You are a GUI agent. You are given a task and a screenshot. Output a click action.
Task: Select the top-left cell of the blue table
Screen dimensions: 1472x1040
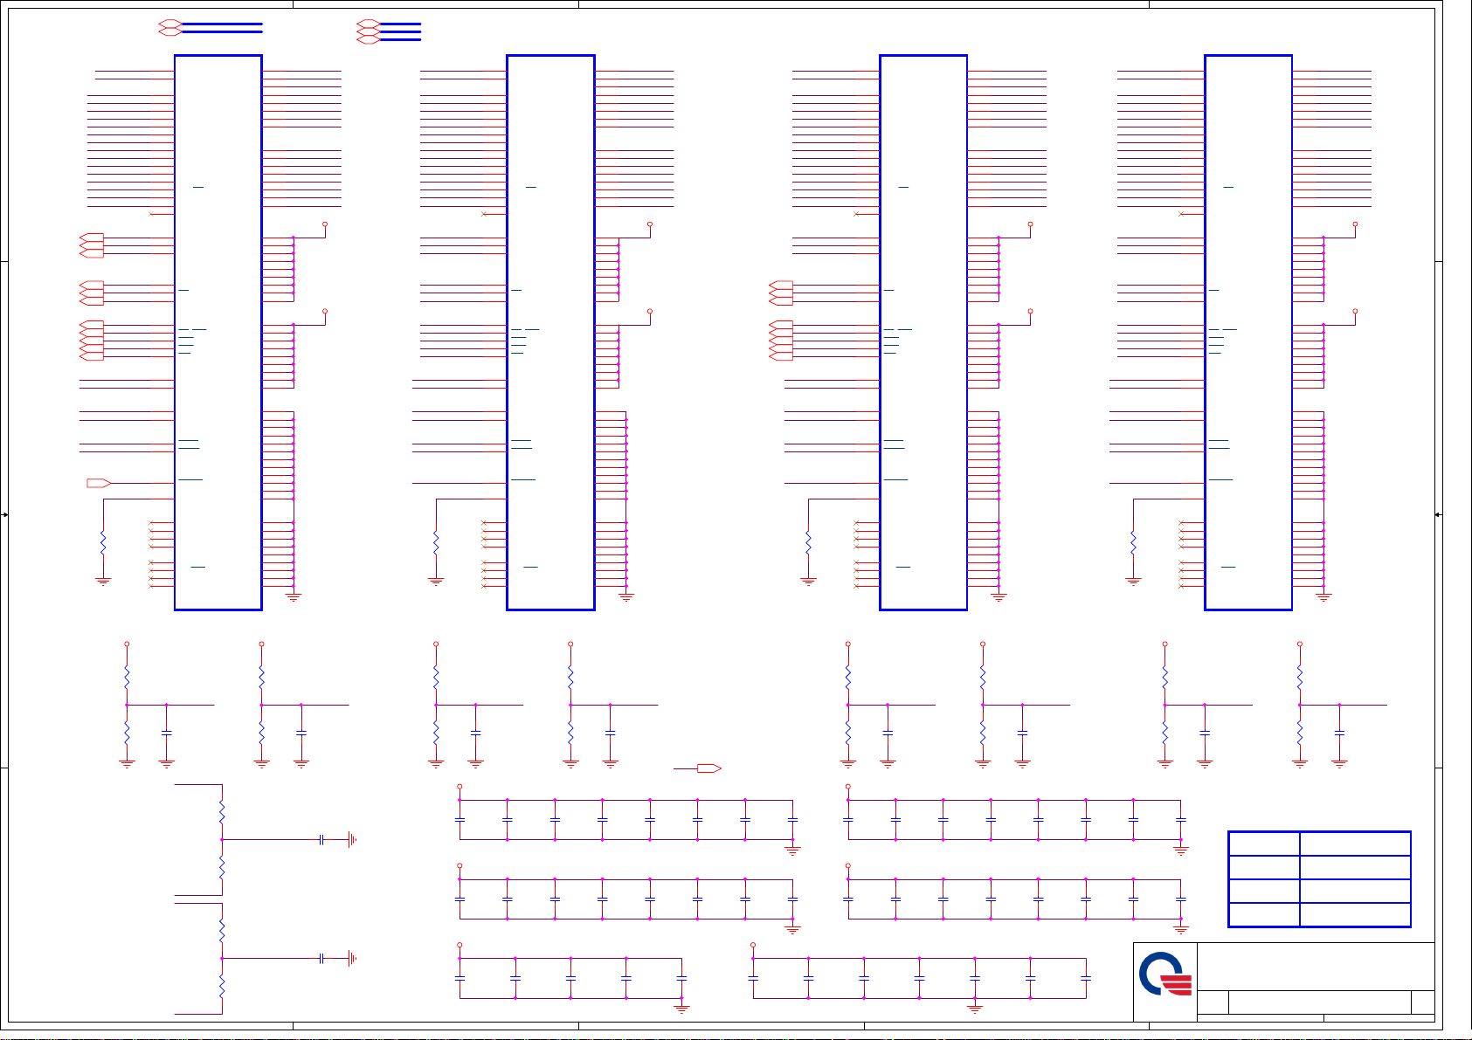tap(1263, 844)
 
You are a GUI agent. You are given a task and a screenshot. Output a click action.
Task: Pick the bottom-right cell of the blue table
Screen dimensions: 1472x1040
tap(1355, 914)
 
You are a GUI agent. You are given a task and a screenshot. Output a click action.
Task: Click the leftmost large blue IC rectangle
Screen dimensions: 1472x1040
tap(218, 332)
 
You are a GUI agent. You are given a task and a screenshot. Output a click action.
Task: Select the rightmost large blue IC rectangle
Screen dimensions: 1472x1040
tap(1248, 332)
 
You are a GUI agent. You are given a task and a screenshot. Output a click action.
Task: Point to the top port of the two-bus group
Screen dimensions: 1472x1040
tap(169, 24)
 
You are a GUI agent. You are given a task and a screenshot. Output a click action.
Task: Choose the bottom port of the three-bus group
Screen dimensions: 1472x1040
tap(368, 39)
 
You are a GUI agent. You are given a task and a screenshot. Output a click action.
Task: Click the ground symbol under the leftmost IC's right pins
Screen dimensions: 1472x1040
tap(294, 598)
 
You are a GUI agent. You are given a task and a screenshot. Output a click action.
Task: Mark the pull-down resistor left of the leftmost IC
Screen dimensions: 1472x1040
tap(103, 543)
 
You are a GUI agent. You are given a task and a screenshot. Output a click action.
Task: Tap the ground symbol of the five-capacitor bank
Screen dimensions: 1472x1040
tap(681, 1009)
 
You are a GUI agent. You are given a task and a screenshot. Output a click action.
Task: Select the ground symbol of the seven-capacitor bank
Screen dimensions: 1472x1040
tap(975, 1009)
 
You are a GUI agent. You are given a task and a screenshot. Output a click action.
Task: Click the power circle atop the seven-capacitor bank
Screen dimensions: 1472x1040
tap(753, 945)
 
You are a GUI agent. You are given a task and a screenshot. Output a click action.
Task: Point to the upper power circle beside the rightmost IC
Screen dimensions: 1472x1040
tap(1355, 224)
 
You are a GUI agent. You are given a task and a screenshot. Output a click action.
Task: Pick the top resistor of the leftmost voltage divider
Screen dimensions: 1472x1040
tap(127, 678)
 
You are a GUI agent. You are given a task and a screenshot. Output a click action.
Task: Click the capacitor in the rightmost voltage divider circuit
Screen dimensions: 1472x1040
tap(1339, 733)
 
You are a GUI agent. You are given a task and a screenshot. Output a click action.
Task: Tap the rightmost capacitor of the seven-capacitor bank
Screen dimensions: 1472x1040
tap(1086, 979)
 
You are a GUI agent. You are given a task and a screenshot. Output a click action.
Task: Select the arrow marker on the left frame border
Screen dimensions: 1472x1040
tap(5, 515)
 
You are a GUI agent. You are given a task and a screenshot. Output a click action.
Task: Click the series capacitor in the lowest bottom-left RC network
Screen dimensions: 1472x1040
tap(321, 958)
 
